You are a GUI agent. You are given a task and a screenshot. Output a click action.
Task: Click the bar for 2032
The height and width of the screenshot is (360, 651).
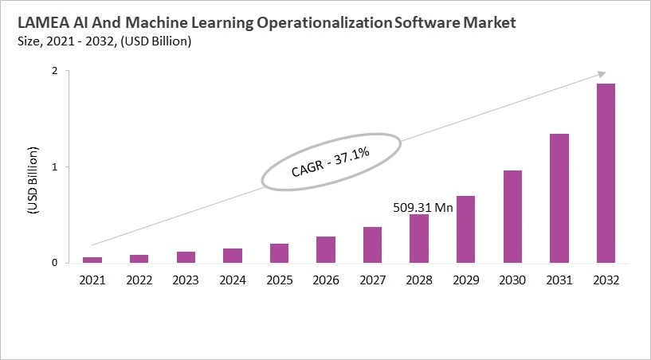tap(606, 173)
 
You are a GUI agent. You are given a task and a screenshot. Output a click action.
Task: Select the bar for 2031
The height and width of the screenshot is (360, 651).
tap(559, 198)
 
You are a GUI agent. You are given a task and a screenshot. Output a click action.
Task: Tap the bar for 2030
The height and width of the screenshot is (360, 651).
tap(512, 217)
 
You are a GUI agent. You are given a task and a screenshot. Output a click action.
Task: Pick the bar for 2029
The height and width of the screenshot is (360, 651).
tap(465, 229)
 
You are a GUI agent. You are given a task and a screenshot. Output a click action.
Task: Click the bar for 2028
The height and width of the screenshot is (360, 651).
tap(419, 238)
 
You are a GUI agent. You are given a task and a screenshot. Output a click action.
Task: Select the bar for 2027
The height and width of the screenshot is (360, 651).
tap(372, 245)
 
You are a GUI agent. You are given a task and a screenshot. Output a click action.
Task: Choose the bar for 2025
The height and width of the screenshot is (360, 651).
tap(279, 253)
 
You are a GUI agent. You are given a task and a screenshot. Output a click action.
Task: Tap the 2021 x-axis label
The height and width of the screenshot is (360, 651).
tap(92, 280)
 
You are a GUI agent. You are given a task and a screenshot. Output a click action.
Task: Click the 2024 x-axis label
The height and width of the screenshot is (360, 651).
tap(233, 280)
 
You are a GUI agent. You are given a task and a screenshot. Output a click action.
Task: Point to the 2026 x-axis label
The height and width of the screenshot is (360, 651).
tap(326, 280)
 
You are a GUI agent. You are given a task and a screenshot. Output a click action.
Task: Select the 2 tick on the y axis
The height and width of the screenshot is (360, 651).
tap(55, 71)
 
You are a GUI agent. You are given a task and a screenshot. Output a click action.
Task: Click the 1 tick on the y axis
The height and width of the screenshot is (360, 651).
tap(55, 167)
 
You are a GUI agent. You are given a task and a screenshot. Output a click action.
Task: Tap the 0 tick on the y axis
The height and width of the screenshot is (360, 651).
tap(55, 263)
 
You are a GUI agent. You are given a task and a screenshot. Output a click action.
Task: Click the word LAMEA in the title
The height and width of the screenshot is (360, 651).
tap(40, 23)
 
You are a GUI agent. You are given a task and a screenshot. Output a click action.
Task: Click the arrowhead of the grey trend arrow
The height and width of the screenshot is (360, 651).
tap(601, 75)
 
